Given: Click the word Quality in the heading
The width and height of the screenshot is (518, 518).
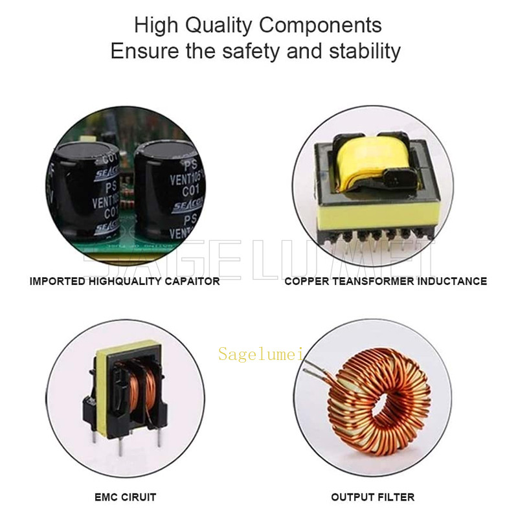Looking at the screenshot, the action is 216,26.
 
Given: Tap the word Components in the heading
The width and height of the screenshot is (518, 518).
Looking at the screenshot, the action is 321,26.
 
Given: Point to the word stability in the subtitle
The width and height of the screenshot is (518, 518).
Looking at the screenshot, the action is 363,51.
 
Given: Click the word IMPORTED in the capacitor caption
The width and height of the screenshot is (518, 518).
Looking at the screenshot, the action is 57,282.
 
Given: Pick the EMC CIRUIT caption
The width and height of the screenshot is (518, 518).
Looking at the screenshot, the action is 125,497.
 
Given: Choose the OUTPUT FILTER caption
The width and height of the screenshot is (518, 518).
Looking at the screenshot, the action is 373,497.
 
